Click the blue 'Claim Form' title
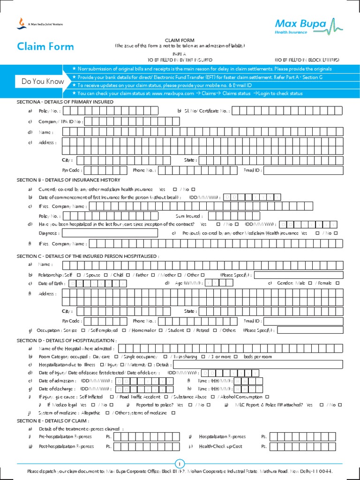pyautogui.click(x=45, y=46)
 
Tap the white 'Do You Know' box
pyautogui.click(x=43, y=82)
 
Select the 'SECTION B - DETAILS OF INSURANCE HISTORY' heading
pyautogui.click(x=68, y=180)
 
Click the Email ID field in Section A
pyautogui.click(x=303, y=170)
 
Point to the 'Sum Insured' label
pyautogui.click(x=189, y=216)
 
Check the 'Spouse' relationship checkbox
pyautogui.click(x=105, y=275)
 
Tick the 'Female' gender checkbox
pyautogui.click(x=337, y=284)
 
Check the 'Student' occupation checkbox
pyautogui.click(x=188, y=330)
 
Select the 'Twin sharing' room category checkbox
pyautogui.click(x=203, y=357)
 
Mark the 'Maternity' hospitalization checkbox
pyautogui.click(x=150, y=365)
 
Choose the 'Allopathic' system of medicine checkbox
pyautogui.click(x=108, y=412)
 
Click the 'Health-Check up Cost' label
pyautogui.click(x=221, y=447)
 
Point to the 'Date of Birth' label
pyautogui.click(x=52, y=284)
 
